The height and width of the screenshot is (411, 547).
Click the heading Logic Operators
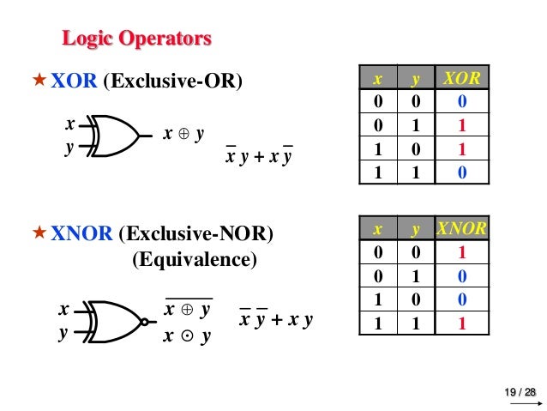point(137,39)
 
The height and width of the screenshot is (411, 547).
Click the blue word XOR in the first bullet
point(75,82)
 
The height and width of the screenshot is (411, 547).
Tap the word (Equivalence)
point(193,258)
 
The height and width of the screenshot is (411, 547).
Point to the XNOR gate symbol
point(115,322)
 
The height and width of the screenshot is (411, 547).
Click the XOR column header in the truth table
point(461,80)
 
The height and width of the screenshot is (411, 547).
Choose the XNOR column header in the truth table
point(461,228)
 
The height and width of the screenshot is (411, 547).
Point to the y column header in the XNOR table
point(415,228)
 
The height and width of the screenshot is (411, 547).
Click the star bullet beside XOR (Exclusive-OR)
point(39,82)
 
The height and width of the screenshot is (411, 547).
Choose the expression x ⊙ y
point(188,335)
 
